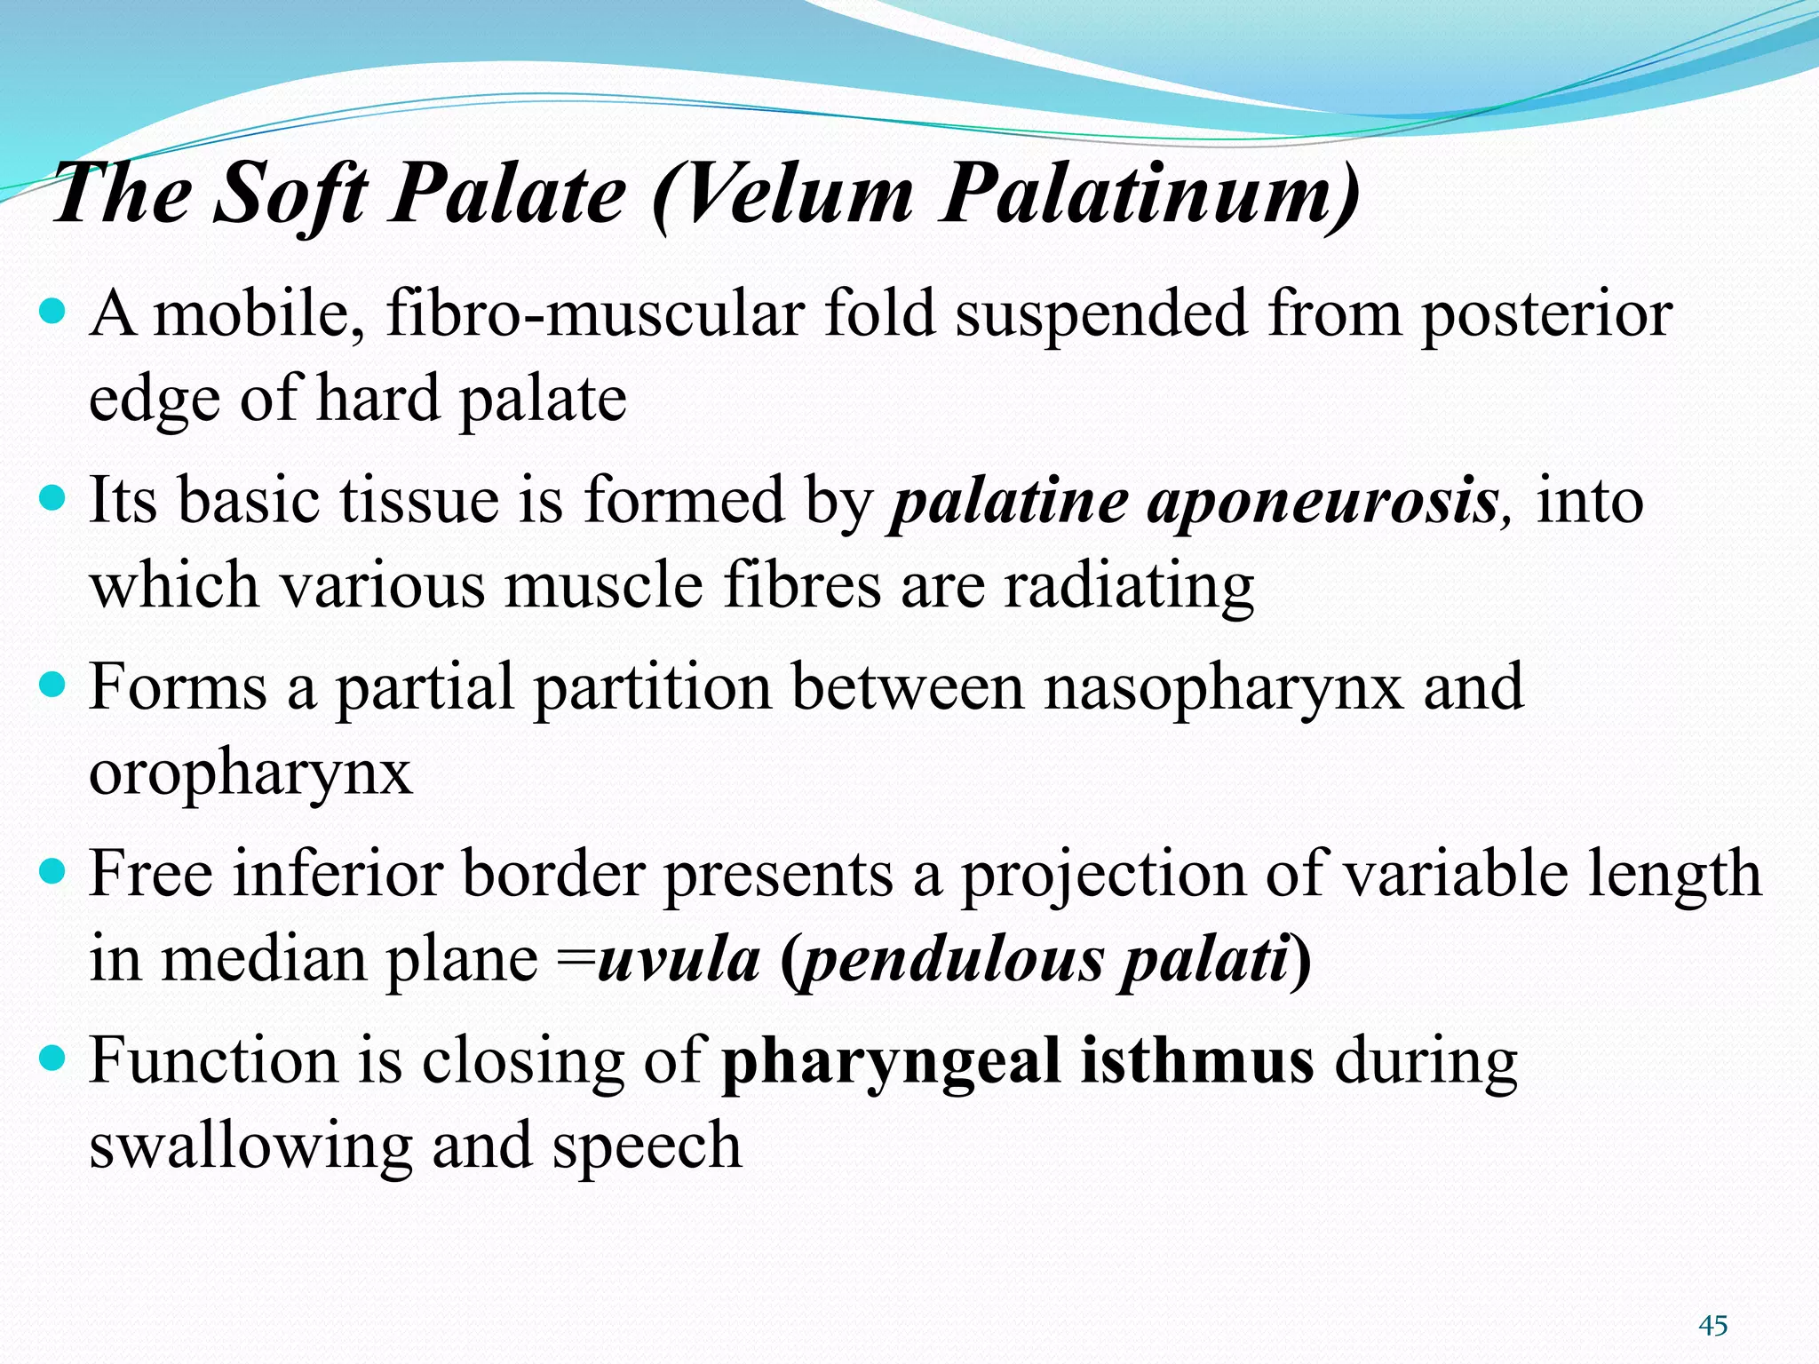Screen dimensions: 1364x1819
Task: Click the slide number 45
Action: tap(1712, 1326)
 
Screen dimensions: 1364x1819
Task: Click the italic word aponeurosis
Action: tap(1323, 502)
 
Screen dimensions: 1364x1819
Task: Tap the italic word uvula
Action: tap(679, 961)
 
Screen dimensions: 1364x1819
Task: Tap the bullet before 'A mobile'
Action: tap(54, 312)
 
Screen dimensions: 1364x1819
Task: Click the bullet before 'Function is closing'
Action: tap(54, 1059)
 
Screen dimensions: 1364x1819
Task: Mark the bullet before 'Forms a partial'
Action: tap(54, 686)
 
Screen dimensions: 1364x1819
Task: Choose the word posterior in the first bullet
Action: tap(1546, 314)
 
